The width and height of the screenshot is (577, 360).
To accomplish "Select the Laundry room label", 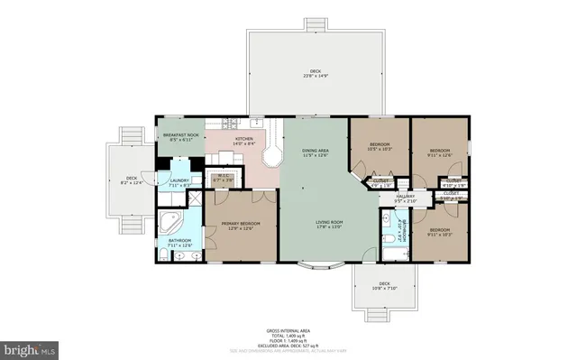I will click(178, 183).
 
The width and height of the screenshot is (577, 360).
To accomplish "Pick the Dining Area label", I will click(314, 153).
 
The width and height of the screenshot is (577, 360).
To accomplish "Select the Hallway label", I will click(404, 198).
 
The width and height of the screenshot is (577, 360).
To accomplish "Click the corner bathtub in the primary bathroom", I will click(170, 222).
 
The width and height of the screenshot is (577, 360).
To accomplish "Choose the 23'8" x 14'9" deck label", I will click(316, 72).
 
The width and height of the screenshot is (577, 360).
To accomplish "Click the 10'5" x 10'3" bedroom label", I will click(379, 147).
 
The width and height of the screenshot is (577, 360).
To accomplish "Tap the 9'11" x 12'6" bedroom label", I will click(440, 152).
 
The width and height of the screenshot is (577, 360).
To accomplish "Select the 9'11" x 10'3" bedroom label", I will click(440, 232).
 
